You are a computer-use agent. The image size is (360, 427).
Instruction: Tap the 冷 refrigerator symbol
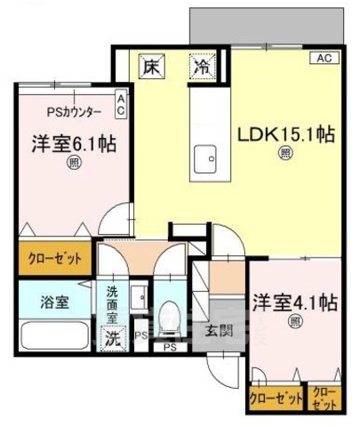[x=204, y=67]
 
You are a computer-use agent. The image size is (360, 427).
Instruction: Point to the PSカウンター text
[x=74, y=111]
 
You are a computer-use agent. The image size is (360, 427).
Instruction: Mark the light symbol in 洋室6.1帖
[x=69, y=164]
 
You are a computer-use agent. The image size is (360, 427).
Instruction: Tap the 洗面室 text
[x=114, y=305]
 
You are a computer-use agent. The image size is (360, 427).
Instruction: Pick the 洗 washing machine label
[x=112, y=338]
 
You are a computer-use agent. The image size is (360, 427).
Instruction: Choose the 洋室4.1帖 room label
[x=293, y=301]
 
